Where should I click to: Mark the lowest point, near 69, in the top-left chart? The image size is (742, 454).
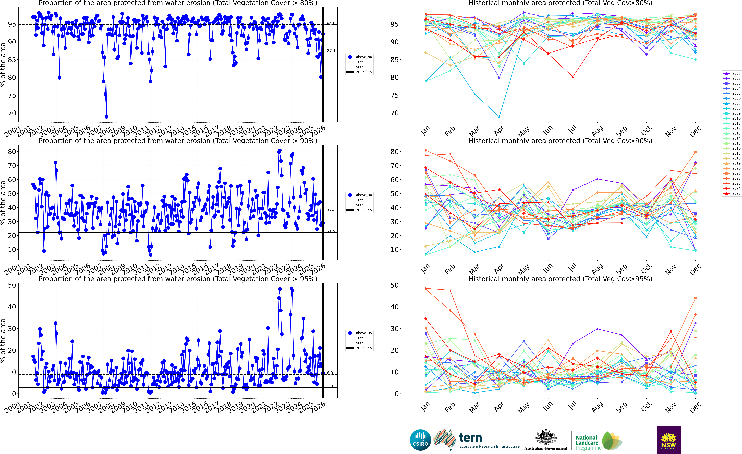click(106, 117)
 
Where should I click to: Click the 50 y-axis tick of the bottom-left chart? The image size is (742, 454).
click(12, 285)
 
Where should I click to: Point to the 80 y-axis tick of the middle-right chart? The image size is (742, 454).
click(394, 152)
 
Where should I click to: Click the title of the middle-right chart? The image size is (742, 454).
click(560, 141)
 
